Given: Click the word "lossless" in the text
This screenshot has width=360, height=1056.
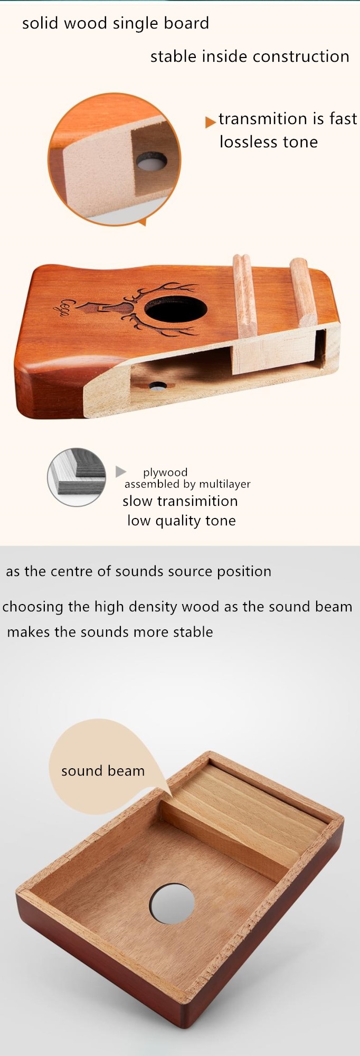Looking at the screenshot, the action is (244, 142).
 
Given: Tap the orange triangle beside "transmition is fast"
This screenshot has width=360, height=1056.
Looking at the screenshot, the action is (210, 122).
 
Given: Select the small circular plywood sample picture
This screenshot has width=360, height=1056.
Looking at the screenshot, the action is (77, 477).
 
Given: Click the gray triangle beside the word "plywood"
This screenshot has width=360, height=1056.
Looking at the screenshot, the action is (121, 471).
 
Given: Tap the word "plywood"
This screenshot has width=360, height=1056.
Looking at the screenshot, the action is (165, 473).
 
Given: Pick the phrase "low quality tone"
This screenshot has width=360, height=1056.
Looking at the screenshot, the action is (181, 521).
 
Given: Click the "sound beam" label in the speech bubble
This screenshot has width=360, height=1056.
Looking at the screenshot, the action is (103, 771).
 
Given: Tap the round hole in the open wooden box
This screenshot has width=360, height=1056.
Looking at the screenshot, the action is (173, 903).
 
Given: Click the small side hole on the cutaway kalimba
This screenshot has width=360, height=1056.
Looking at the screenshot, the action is (157, 386).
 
